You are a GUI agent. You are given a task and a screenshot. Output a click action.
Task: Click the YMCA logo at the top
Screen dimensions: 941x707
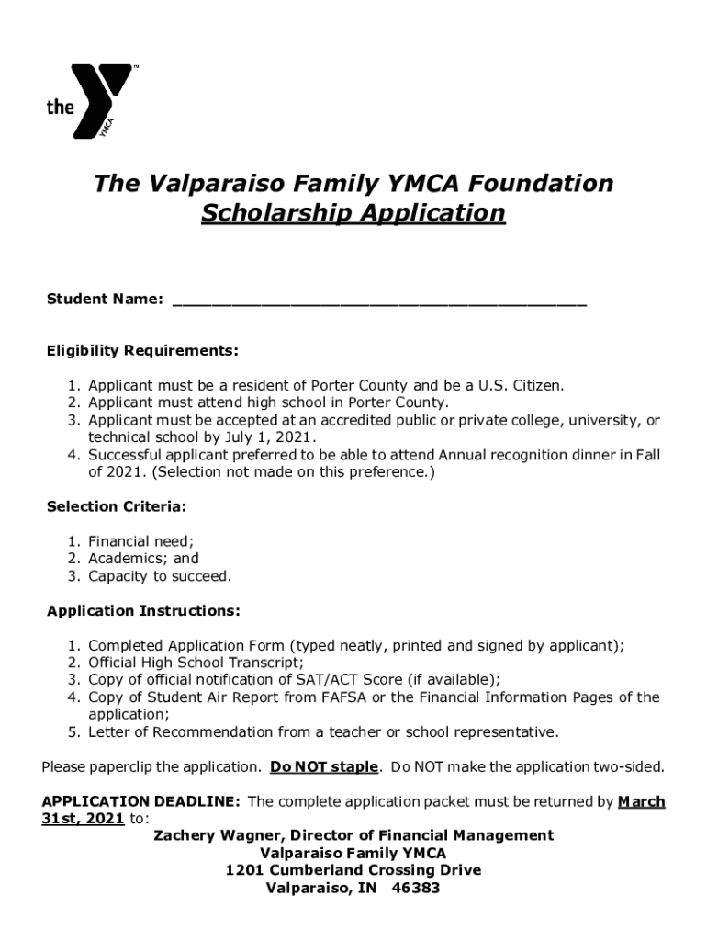click(x=90, y=101)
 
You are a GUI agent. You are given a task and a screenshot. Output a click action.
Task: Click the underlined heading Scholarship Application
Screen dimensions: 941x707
click(x=353, y=213)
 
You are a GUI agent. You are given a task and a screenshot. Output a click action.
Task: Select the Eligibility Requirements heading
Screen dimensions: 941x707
click(x=142, y=351)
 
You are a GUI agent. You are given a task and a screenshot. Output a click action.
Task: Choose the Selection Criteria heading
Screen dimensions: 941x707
click(x=117, y=506)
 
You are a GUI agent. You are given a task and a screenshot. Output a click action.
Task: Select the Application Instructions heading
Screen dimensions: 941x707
click(x=143, y=611)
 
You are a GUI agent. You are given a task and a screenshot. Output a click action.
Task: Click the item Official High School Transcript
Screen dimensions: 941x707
click(x=196, y=663)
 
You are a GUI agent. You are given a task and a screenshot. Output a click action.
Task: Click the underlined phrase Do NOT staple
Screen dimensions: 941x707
click(x=324, y=767)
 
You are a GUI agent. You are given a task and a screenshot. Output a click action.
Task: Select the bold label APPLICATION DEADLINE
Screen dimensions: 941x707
click(x=141, y=802)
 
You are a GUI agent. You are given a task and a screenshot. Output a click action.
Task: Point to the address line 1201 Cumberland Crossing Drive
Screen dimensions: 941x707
click(x=353, y=870)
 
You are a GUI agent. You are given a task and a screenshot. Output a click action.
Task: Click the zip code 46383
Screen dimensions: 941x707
click(x=415, y=889)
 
